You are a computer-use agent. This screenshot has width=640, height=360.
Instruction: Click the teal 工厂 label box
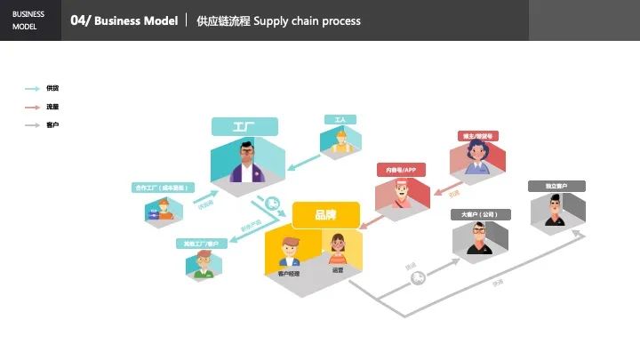pos(244,127)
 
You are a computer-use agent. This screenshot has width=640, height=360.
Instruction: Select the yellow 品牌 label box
pos(325,214)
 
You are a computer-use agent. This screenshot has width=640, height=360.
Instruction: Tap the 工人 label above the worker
pos(340,119)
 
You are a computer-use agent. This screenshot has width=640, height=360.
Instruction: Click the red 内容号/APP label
pos(402,169)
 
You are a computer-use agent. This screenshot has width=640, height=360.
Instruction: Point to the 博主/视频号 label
pos(476,136)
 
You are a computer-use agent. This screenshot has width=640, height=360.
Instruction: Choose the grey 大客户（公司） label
pos(480,214)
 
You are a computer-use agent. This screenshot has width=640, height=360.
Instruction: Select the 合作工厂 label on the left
pos(161,188)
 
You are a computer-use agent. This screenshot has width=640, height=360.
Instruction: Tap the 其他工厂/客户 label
pos(201,243)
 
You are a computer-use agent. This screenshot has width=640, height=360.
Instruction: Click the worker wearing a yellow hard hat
pos(340,142)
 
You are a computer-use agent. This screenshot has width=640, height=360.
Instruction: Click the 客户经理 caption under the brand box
pos(288,273)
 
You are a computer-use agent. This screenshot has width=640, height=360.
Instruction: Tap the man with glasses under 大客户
pos(480,239)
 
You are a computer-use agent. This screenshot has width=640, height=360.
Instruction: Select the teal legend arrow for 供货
pos(32,89)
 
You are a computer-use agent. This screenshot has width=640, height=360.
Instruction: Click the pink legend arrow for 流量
pos(32,107)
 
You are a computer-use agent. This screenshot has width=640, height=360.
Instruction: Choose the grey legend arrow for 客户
pos(32,125)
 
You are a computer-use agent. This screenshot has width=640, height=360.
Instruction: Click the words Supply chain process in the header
pos(307,20)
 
